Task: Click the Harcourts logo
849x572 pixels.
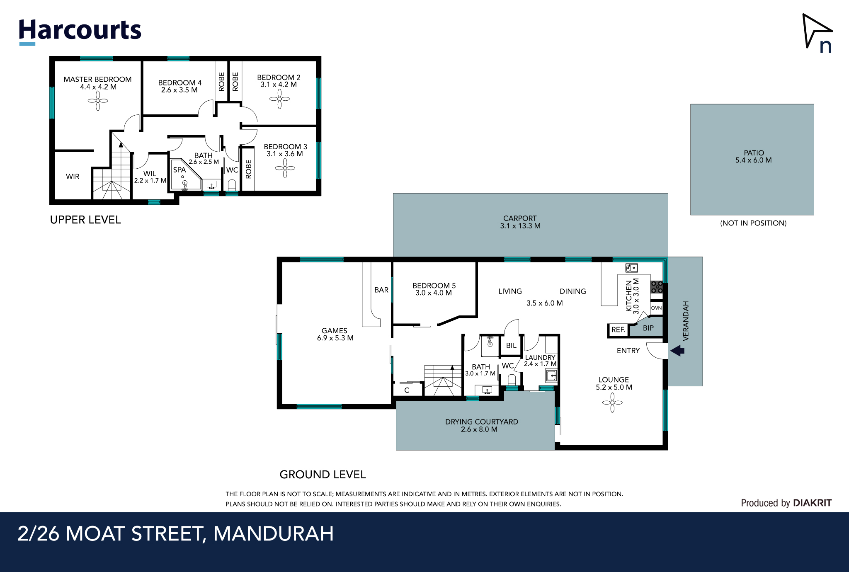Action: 80,32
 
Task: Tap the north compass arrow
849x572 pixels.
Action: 815,30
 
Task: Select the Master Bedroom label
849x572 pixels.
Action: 97,79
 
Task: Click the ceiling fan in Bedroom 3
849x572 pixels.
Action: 285,168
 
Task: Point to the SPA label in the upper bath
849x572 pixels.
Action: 180,170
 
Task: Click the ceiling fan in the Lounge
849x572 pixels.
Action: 612,402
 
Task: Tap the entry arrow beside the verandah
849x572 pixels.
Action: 677,351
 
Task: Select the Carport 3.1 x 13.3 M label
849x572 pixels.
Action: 520,222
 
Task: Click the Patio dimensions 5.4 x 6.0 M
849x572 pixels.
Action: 753,160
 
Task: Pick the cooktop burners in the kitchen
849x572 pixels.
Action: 657,287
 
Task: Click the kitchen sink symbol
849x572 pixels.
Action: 631,268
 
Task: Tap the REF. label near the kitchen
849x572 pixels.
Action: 618,330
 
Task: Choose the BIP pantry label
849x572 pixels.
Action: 648,328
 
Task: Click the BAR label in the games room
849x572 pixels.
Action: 381,290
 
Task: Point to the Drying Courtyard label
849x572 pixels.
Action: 482,426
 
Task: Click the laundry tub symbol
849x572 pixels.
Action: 551,376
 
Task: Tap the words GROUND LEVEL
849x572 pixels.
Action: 323,475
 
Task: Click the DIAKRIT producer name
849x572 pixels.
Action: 812,503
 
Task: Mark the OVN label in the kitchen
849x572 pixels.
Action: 656,308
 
